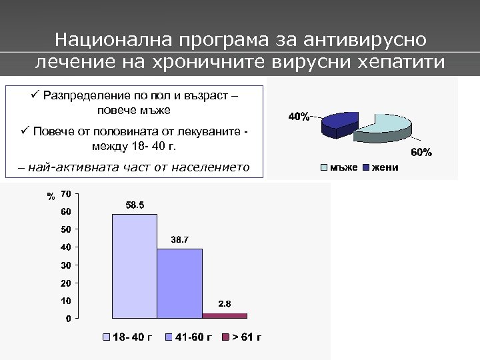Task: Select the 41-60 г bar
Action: pos(179,283)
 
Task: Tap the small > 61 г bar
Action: pos(224,315)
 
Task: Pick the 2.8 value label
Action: pos(225,304)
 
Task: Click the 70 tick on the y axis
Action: pos(65,194)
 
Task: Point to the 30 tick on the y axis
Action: pos(65,265)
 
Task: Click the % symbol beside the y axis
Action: pos(51,197)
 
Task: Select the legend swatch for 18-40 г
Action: pos(106,337)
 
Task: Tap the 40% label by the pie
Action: pos(298,117)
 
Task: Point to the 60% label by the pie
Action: pos(421,153)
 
